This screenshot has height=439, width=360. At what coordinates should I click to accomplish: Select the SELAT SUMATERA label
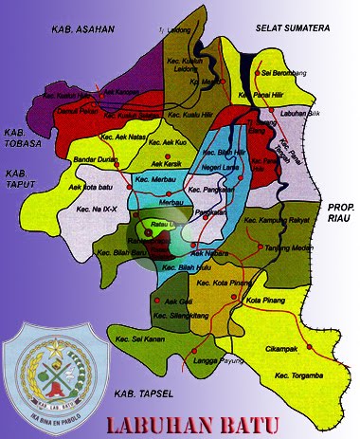pos(294,29)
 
